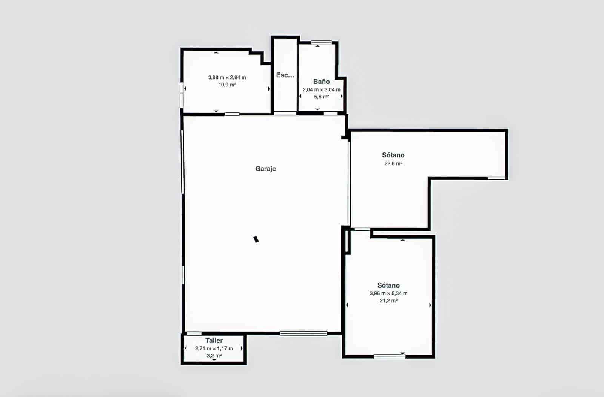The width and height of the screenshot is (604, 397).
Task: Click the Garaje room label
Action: tap(265, 169)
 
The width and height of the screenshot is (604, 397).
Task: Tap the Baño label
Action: tap(321, 82)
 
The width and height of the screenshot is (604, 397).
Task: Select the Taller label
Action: tap(214, 340)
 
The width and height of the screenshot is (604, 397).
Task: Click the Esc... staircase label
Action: tap(285, 75)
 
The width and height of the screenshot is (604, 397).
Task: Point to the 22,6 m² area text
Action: tap(393, 163)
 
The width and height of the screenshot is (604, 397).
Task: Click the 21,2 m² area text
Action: tap(388, 301)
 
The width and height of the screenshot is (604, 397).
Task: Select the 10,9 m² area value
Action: tap(227, 85)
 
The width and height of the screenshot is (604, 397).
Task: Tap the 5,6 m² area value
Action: tap(321, 97)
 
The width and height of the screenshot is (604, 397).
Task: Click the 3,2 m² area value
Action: tap(214, 355)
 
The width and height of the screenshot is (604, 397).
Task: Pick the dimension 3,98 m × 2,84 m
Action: tap(227, 77)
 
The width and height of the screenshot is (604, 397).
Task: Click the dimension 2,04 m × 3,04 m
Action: tap(321, 89)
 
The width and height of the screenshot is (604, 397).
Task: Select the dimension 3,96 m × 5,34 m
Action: tap(388, 293)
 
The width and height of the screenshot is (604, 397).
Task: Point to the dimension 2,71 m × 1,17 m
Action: tap(214, 348)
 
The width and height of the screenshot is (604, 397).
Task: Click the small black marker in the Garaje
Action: tap(256, 239)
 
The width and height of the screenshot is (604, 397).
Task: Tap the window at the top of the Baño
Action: tap(321, 43)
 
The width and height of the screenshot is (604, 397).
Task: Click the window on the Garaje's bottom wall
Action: tap(303, 333)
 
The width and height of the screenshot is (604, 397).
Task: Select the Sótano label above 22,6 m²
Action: tap(393, 155)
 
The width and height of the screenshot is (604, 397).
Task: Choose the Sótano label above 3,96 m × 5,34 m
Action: tap(388, 285)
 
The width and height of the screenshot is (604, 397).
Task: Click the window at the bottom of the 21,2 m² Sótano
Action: tap(389, 356)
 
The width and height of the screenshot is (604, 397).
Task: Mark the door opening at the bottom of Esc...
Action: tap(285, 113)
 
